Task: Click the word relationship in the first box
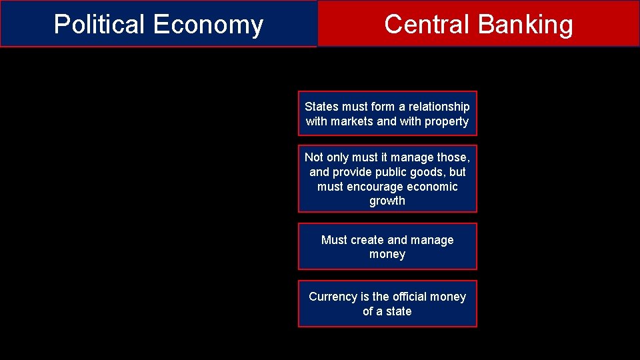click(439, 107)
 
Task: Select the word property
click(447, 121)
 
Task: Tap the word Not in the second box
click(313, 157)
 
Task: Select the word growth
click(387, 201)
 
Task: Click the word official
click(412, 297)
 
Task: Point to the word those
click(453, 157)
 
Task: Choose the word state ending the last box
click(399, 311)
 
